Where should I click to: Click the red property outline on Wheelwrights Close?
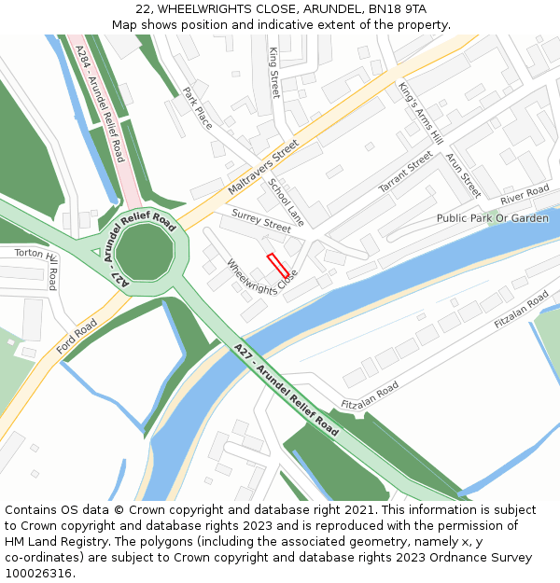pyautogui.click(x=278, y=264)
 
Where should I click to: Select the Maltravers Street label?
pyautogui.click(x=262, y=168)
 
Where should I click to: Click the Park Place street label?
pyautogui.click(x=197, y=107)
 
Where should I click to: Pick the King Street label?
pyautogui.click(x=274, y=73)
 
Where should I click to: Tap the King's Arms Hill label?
pyautogui.click(x=419, y=113)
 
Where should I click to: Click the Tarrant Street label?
pyautogui.click(x=406, y=173)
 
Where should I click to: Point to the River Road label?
pyautogui.click(x=525, y=196)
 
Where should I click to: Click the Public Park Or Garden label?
pyautogui.click(x=492, y=218)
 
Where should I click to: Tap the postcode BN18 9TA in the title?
pyautogui.click(x=398, y=9)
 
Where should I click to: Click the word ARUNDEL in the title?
pyautogui.click(x=333, y=9)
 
